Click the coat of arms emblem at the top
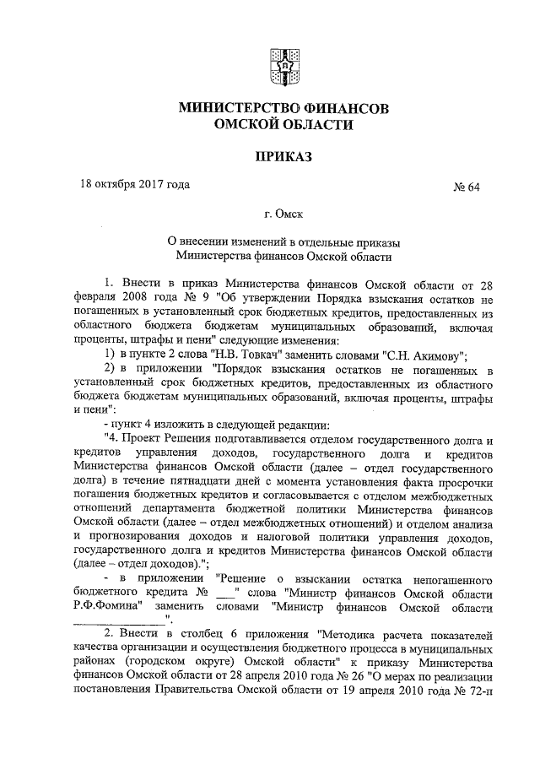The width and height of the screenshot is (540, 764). pos(283,66)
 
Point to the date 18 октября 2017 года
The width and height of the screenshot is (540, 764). pos(134,183)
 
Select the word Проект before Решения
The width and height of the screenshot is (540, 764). pos(147,441)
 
